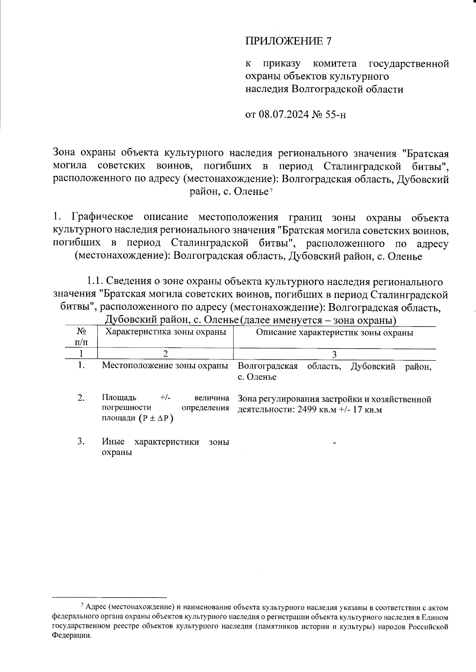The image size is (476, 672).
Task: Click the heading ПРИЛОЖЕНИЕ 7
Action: (288, 41)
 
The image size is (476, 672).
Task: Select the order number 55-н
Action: (336, 115)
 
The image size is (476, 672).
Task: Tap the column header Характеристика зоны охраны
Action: (165, 332)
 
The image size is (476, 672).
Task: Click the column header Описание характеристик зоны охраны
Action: (334, 332)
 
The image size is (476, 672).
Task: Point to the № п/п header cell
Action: (81, 336)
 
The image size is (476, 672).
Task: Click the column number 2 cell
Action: (165, 354)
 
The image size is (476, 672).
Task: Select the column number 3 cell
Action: (334, 354)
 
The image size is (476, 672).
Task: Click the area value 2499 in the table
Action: (305, 410)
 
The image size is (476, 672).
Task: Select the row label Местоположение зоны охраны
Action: (165, 366)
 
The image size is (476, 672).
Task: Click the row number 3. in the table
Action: (81, 441)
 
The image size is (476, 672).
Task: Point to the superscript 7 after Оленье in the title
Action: (271, 191)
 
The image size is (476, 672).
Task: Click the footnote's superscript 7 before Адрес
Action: (82, 605)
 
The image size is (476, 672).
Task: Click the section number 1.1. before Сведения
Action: (95, 282)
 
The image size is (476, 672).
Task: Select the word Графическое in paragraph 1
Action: (102, 218)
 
